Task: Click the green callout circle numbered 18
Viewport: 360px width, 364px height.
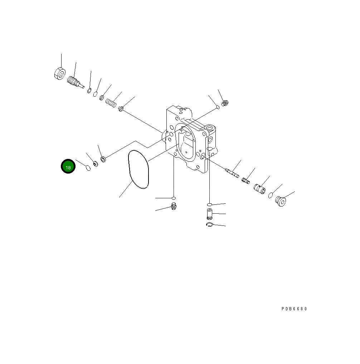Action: click(68, 166)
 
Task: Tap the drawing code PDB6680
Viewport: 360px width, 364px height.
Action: click(294, 309)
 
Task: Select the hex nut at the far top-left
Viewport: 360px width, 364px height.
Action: click(59, 73)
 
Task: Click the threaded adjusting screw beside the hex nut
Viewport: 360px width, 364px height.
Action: click(74, 82)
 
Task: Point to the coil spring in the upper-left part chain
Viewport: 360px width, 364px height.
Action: click(111, 103)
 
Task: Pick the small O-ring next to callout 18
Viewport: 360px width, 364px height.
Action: click(88, 168)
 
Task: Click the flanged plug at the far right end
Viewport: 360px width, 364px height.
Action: click(281, 201)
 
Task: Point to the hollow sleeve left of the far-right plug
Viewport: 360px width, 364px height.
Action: click(259, 188)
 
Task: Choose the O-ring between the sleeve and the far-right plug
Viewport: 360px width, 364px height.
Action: click(271, 195)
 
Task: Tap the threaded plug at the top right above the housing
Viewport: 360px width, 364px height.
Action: click(225, 103)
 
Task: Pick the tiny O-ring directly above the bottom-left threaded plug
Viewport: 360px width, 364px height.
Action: click(174, 198)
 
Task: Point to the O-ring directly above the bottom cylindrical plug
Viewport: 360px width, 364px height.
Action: click(209, 204)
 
